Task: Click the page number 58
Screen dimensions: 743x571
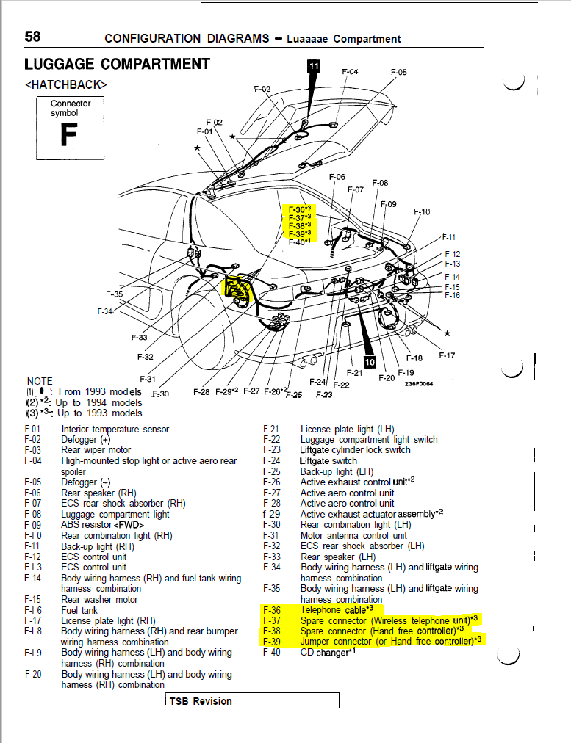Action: tap(32, 37)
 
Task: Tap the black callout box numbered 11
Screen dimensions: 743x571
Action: tap(314, 66)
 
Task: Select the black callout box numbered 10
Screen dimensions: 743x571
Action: tap(370, 362)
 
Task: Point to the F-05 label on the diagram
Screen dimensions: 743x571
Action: tap(398, 73)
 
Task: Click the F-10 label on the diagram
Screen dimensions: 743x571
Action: tap(422, 213)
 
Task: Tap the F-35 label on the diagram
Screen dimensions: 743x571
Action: tap(115, 294)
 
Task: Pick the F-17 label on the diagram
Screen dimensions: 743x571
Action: tap(447, 355)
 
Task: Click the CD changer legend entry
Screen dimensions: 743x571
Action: tap(323, 652)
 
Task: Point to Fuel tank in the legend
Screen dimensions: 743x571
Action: tap(79, 610)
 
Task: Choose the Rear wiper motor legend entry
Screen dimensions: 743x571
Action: tap(96, 450)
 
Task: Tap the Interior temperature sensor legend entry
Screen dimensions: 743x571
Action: tap(115, 429)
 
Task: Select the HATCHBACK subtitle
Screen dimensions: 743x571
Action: tap(66, 84)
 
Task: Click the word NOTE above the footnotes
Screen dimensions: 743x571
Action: tap(40, 381)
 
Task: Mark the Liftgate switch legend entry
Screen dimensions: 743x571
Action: tap(328, 461)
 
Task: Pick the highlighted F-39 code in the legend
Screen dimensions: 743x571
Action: tap(271, 641)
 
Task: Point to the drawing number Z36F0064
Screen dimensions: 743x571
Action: tap(419, 383)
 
